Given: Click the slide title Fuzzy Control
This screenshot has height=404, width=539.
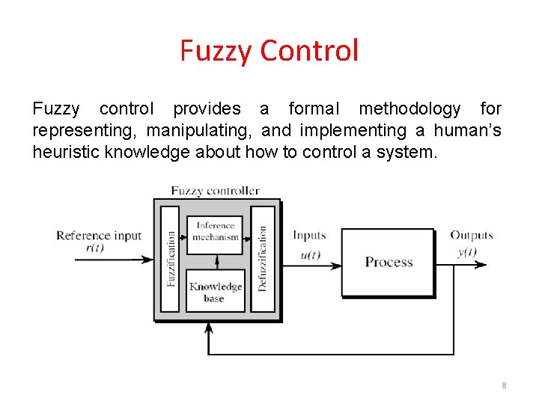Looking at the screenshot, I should coord(269,51).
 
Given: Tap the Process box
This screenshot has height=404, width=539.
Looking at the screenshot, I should coord(389,262).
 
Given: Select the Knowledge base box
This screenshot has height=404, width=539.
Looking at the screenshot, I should coord(215,291).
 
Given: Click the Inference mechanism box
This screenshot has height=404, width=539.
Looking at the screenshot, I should coord(215,231).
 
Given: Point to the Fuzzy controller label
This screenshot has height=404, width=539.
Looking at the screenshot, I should coord(216,190).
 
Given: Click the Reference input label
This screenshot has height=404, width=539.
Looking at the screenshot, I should coord(99,236).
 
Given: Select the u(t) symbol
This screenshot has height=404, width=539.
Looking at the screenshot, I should coord(310,254).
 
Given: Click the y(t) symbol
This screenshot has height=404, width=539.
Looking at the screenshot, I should coord(467,251).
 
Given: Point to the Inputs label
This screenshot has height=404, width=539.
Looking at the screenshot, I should coord(309,236).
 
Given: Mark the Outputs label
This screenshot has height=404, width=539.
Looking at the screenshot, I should coord(472,236).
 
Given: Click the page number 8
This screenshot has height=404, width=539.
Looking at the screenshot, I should coord(504,385).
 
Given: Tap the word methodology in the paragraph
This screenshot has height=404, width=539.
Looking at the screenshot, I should coord(409,109).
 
